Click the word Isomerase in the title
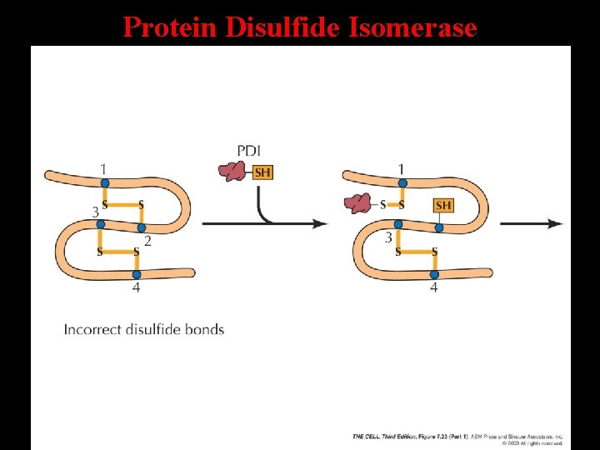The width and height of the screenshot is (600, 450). pos(413,27)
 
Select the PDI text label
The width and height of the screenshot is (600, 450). pos(248,151)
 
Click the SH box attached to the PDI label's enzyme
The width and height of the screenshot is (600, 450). pos(262,172)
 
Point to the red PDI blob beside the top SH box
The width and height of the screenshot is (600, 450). pos(232,172)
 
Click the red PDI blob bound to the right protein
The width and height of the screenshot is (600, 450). pos(359,203)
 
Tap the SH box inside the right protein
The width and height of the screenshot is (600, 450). pos(443,205)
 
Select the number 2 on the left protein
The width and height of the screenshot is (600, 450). pos(147,241)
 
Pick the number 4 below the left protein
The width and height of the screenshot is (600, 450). pos(136,288)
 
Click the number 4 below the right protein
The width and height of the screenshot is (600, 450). pos(433,288)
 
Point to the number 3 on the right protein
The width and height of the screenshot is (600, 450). pos(388,238)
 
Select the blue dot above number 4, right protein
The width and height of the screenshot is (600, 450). pos(433,273)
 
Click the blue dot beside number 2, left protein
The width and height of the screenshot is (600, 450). pos(141,227)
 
